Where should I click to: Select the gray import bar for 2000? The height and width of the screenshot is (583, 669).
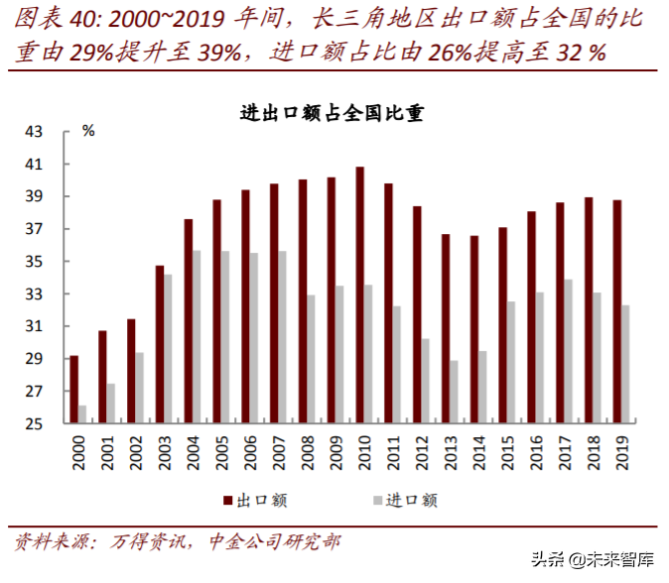(x=82, y=414)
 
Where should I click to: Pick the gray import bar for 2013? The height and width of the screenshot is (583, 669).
(x=454, y=392)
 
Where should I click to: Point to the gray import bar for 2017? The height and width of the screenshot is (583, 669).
(x=568, y=351)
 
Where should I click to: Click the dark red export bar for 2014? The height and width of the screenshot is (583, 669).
(x=473, y=329)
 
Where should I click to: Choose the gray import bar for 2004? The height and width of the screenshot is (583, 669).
(x=197, y=337)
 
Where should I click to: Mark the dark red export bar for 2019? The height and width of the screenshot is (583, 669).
(x=616, y=311)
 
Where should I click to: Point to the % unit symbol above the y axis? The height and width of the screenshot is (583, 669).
(x=87, y=131)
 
